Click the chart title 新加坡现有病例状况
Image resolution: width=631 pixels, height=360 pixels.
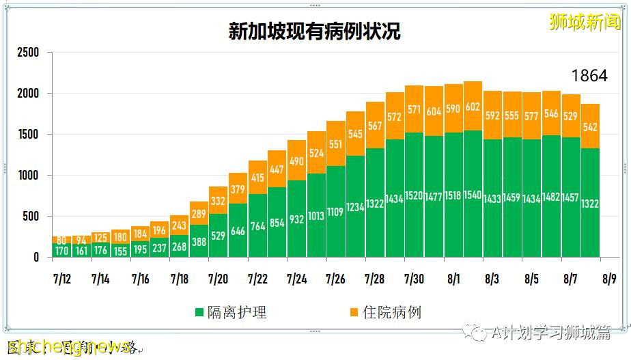(x=314, y=31)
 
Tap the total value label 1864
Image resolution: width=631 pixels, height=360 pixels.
(x=589, y=76)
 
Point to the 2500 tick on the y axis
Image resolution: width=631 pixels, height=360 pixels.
(x=28, y=53)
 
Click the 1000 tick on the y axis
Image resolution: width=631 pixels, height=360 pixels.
(x=28, y=176)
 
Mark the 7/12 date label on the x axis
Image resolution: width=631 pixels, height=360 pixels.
(x=61, y=279)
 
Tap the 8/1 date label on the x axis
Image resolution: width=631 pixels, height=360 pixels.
(x=453, y=279)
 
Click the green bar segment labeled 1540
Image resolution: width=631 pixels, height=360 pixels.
(x=473, y=194)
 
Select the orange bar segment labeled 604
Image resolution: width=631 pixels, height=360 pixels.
(x=434, y=111)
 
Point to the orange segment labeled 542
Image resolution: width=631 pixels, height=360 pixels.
(x=591, y=126)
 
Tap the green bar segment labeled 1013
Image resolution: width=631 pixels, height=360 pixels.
(x=316, y=216)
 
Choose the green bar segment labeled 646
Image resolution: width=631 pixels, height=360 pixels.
(x=238, y=231)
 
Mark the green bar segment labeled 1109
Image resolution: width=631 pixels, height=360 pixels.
(x=335, y=212)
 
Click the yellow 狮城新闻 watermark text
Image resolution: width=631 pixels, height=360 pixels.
(x=586, y=22)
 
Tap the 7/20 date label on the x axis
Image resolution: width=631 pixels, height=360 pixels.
(x=218, y=279)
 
